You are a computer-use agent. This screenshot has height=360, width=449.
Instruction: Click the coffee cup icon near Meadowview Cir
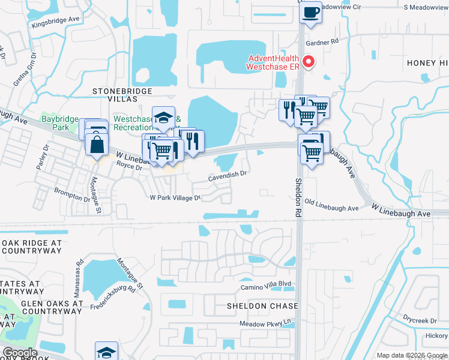point(310,13)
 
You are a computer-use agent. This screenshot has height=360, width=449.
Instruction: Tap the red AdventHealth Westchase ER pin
point(309,61)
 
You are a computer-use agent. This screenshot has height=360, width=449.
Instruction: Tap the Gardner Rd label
point(322,42)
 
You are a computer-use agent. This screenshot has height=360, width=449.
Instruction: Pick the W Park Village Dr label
point(174,197)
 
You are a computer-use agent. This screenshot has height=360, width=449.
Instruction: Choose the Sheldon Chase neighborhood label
point(262,306)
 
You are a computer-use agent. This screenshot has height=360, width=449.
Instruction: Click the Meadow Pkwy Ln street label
point(265,324)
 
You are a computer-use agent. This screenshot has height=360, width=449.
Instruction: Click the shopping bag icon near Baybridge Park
point(96,144)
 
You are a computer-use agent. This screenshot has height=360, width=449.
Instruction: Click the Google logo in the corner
point(19,353)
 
